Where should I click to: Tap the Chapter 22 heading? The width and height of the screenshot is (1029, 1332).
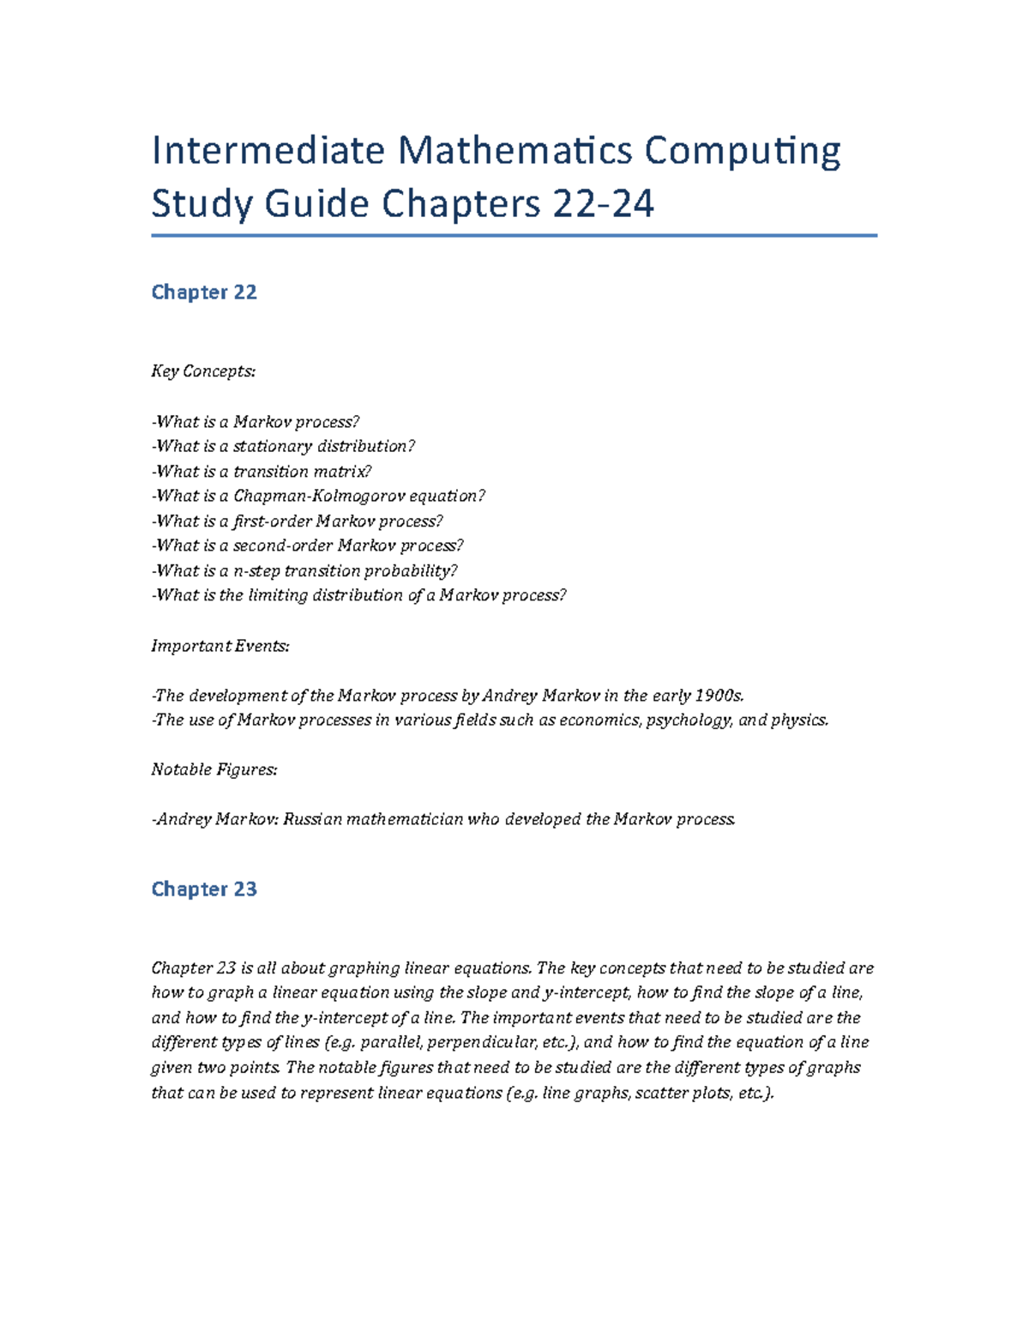point(204,292)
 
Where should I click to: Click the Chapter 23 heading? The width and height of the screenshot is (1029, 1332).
point(204,889)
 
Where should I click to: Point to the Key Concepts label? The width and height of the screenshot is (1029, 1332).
point(203,371)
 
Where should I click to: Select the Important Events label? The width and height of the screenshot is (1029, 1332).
point(220,646)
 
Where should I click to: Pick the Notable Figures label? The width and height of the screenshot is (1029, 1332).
point(214,769)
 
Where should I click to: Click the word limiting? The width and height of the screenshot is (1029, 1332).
point(277,595)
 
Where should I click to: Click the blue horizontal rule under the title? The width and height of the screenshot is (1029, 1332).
point(514,235)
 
